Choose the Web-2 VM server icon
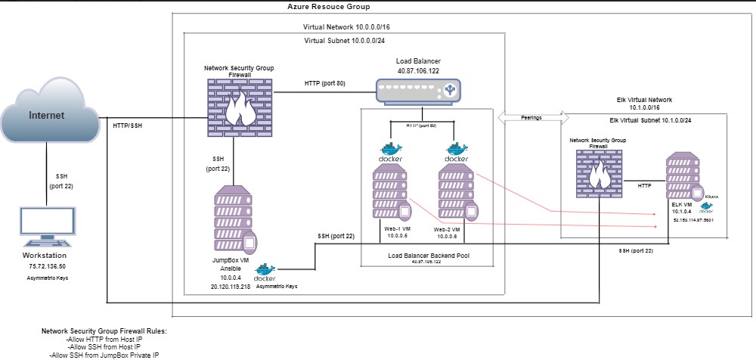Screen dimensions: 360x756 point(456,194)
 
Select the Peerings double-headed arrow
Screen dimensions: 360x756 point(533,117)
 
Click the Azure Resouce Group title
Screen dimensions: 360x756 point(329,6)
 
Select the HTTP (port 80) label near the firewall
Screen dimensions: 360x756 point(324,82)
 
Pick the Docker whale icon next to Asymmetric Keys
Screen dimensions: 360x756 point(265,273)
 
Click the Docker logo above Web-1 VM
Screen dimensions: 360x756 point(391,151)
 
